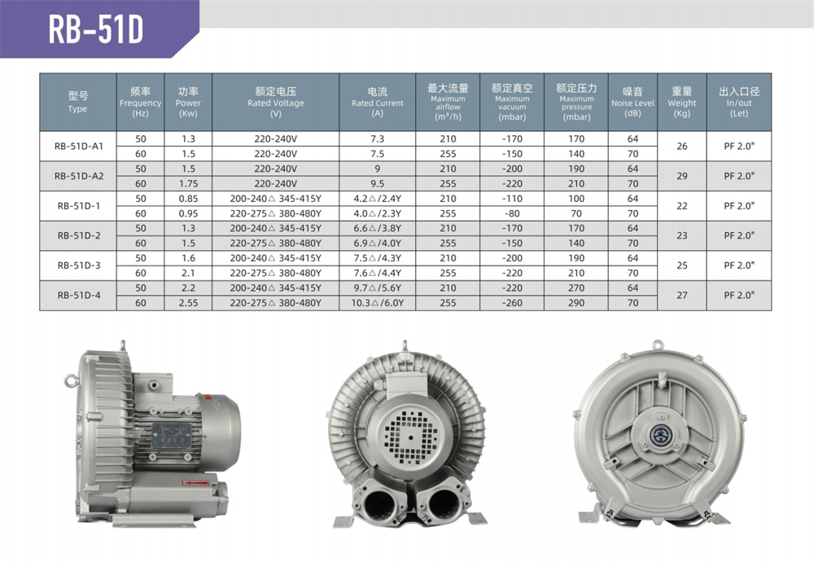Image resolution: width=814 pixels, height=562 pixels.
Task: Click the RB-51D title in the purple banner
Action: pyautogui.click(x=95, y=29)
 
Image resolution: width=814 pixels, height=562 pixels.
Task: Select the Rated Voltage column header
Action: pyautogui.click(x=276, y=103)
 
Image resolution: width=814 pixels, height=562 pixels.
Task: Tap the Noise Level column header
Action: pyautogui.click(x=632, y=103)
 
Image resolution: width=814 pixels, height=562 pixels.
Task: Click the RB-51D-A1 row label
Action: pyautogui.click(x=78, y=146)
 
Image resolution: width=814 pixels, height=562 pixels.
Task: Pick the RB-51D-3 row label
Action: pyautogui.click(x=78, y=266)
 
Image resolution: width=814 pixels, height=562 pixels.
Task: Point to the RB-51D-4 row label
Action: pyautogui.click(x=78, y=295)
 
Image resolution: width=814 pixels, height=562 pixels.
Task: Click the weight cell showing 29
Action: pyautogui.click(x=682, y=176)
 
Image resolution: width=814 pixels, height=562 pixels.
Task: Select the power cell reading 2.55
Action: pyautogui.click(x=189, y=303)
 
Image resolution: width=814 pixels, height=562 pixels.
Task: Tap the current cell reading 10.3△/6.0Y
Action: pyautogui.click(x=378, y=303)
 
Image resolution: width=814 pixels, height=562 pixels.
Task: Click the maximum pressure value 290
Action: pyautogui.click(x=576, y=303)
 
